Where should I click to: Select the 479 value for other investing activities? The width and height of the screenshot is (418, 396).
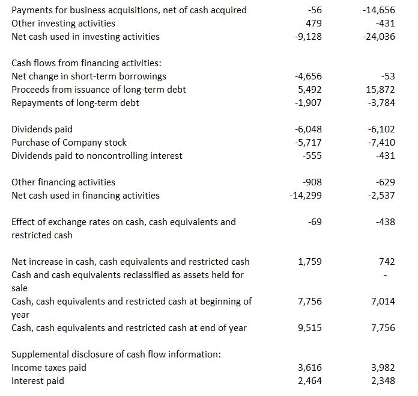point(313,23)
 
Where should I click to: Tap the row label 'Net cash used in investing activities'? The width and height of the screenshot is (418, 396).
point(86,37)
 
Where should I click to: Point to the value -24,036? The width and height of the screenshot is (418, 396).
point(380,37)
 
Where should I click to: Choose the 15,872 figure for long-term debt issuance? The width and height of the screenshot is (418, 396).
point(381,90)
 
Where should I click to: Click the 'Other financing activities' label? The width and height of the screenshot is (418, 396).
point(64,182)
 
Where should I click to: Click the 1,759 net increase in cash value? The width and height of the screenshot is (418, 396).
point(310,262)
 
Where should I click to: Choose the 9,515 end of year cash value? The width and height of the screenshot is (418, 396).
point(310,328)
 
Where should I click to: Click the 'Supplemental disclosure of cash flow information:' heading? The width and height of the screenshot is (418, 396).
point(116,354)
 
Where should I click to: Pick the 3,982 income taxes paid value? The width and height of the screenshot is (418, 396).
point(383,368)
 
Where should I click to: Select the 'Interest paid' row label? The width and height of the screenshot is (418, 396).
point(38,381)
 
